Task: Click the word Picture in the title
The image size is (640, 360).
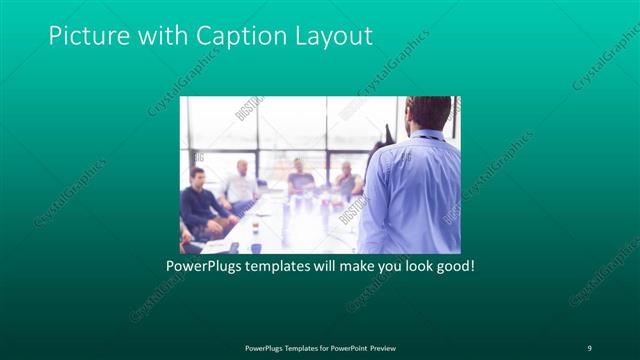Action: pyautogui.click(x=87, y=36)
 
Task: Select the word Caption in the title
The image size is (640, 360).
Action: pyautogui.click(x=240, y=36)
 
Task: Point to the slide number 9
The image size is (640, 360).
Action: pyautogui.click(x=589, y=347)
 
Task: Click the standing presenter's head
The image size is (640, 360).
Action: pyautogui.click(x=428, y=112)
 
